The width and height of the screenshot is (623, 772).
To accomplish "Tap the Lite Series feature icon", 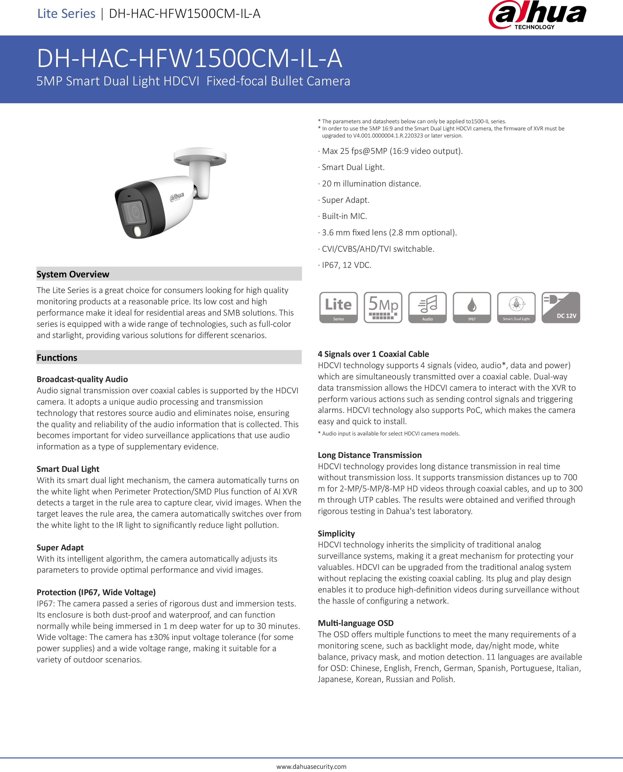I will pos(338,307).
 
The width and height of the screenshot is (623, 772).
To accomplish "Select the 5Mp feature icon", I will pos(383,307).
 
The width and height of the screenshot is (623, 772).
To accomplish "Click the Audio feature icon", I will pos(427,307).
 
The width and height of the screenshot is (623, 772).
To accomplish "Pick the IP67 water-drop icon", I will pos(472,307).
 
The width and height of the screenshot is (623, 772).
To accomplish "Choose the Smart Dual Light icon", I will pos(516,307).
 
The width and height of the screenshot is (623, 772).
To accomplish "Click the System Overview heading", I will pos(73,274).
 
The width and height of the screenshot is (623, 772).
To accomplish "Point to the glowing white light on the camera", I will pos(138,231).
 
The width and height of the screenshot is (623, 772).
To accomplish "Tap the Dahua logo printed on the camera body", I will pos(177,196).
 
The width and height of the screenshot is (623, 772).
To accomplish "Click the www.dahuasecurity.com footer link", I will pos(311,766).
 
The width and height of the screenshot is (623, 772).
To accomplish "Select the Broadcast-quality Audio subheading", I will pos(82,379).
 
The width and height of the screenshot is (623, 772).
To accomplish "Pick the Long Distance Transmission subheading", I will pos(370,455).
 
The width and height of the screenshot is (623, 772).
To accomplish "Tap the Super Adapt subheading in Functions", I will pos(60,547).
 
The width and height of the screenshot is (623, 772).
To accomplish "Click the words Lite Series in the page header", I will pos(66,14).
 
